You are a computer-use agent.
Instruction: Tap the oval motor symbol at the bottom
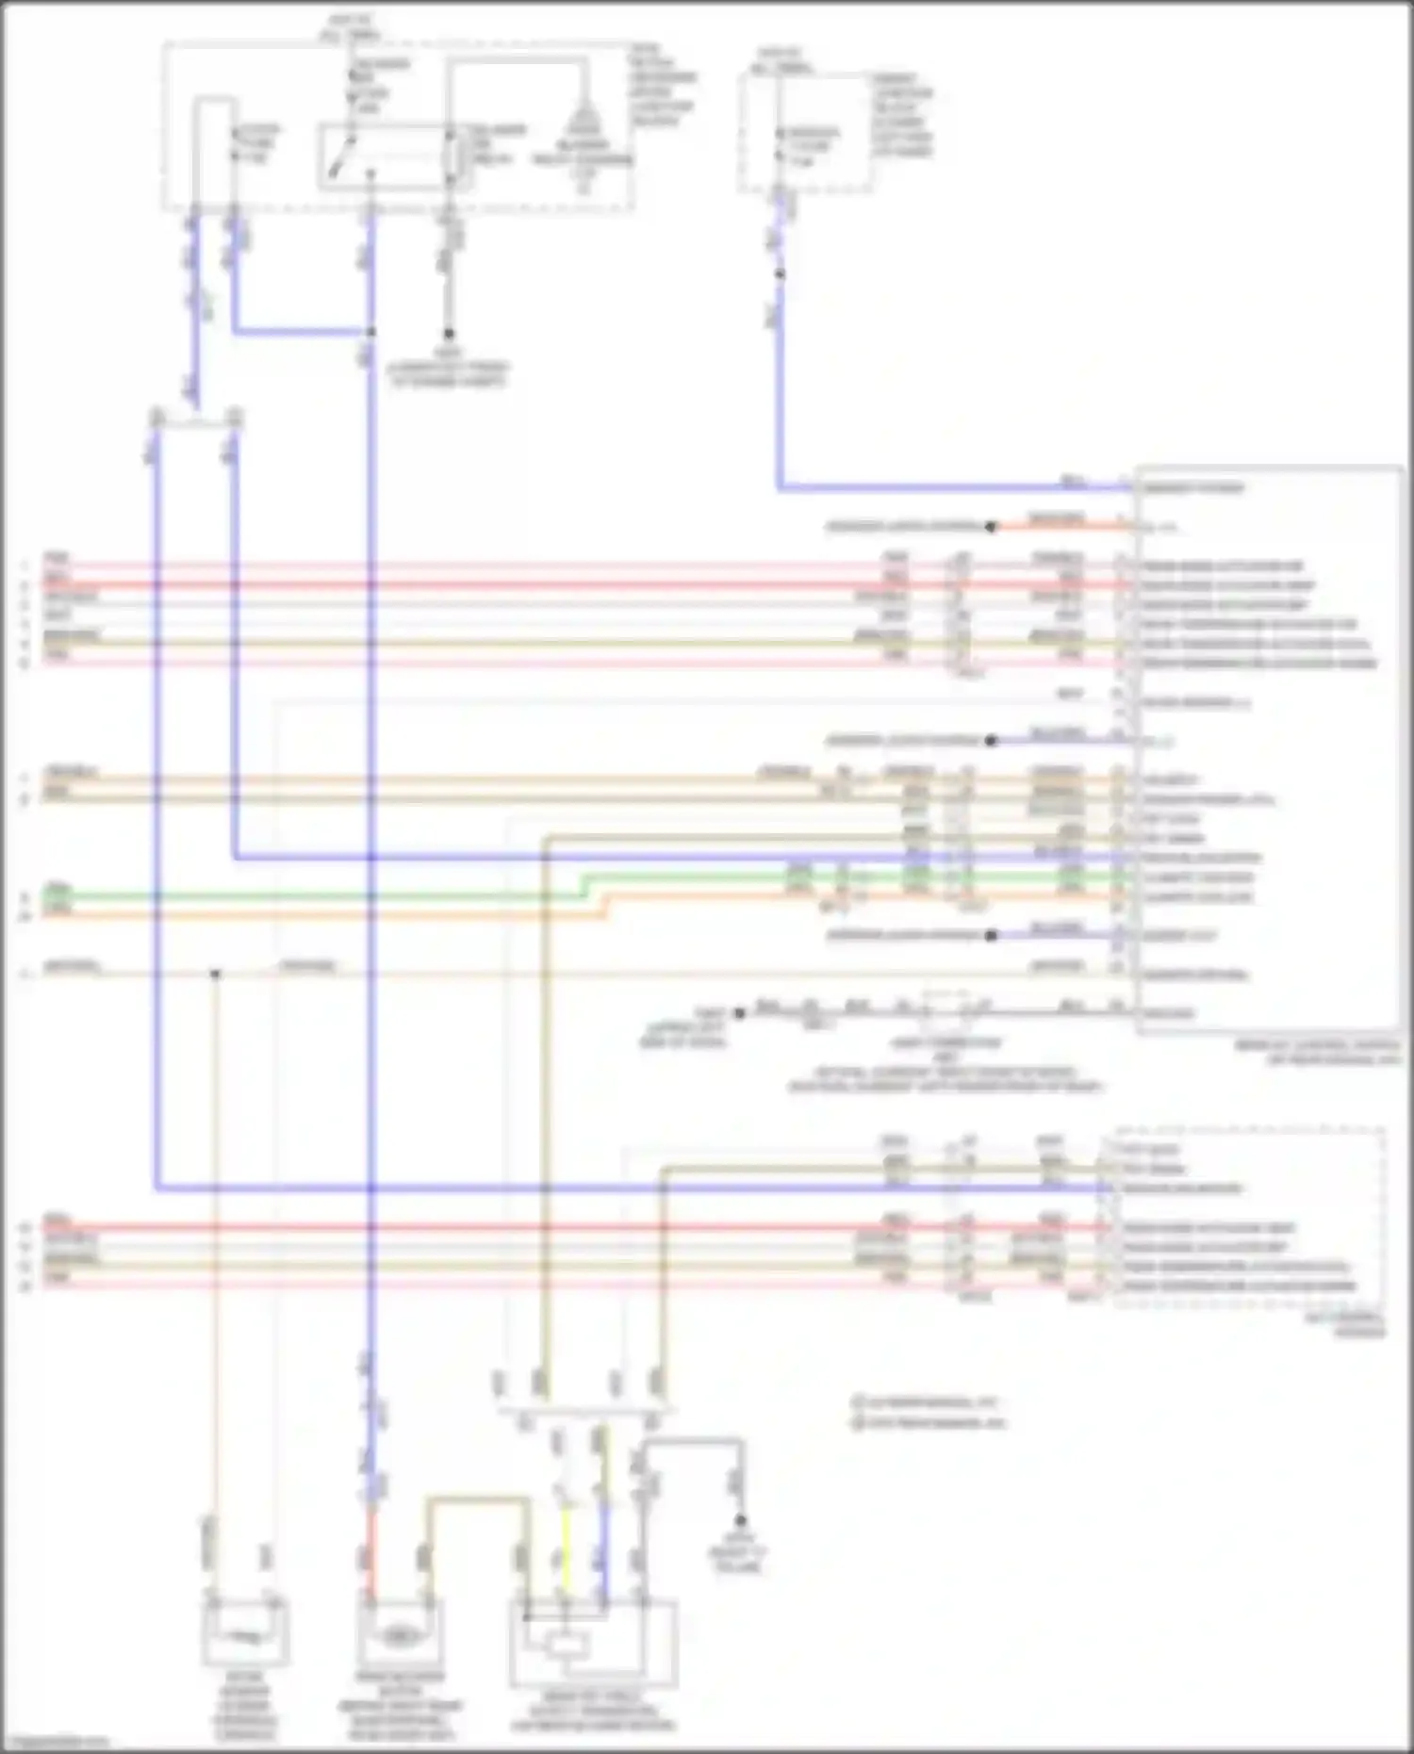pyautogui.click(x=400, y=1628)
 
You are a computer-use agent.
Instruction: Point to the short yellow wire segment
pyautogui.click(x=566, y=1546)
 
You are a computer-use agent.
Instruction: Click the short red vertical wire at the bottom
pyautogui.click(x=370, y=1555)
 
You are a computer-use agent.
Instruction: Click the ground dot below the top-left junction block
pyautogui.click(x=450, y=334)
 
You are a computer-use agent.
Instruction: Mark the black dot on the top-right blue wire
pyautogui.click(x=780, y=274)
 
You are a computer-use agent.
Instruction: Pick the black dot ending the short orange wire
pyautogui.click(x=991, y=527)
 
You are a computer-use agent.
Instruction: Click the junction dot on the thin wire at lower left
pyautogui.click(x=216, y=974)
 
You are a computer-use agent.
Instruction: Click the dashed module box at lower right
pyautogui.click(x=1248, y=1216)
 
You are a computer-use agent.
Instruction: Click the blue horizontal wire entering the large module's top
pyautogui.click(x=952, y=488)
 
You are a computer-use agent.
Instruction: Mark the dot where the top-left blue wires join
pyautogui.click(x=370, y=333)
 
